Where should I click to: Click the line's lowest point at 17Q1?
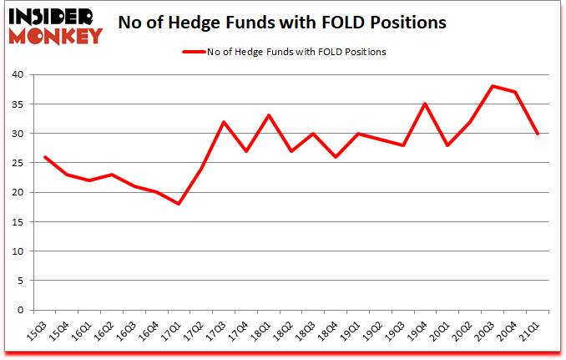coord(179,204)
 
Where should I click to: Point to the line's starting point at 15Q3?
coord(44,157)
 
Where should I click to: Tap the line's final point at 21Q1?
coord(538,134)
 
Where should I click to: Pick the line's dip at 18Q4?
coord(336,157)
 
